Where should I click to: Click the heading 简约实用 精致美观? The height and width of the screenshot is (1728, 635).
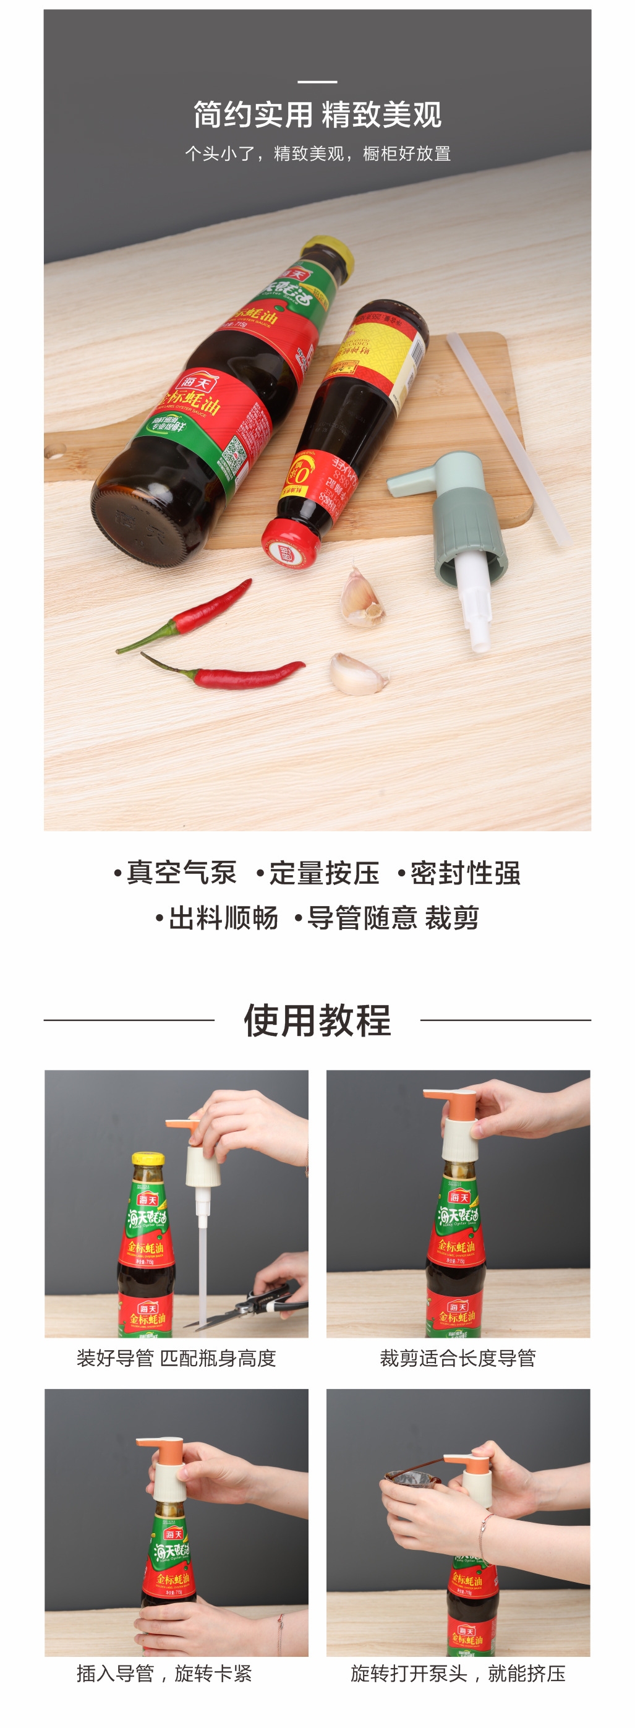point(317,114)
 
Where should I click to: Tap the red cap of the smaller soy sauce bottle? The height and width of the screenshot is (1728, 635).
point(289,544)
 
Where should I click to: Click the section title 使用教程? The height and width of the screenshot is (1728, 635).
point(317,1020)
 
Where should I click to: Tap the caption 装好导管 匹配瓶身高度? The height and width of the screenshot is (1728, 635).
point(176,1358)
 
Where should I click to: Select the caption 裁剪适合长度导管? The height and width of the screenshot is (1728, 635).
point(458,1358)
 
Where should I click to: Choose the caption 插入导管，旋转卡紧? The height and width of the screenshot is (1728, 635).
point(164,1674)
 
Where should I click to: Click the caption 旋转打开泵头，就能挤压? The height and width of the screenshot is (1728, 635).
point(458,1674)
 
